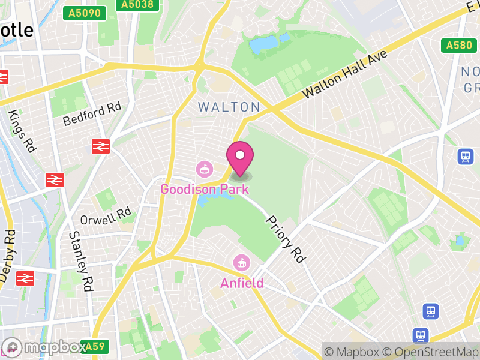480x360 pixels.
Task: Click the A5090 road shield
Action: pos(85,13)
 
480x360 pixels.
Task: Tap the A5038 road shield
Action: pos(136,5)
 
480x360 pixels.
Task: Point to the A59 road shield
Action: pos(95,346)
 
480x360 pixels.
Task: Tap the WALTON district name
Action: pos(229,107)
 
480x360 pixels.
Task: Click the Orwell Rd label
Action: pos(106,216)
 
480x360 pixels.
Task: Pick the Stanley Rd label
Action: pos(81,262)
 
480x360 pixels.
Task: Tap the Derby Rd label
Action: pos(7,255)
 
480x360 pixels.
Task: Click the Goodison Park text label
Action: pos(204,189)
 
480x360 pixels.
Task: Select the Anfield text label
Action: pos(241,283)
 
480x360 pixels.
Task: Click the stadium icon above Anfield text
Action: pos(241,263)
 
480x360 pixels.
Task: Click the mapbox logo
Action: pos(44,347)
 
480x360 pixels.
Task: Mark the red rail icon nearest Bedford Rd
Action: pos(101,146)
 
